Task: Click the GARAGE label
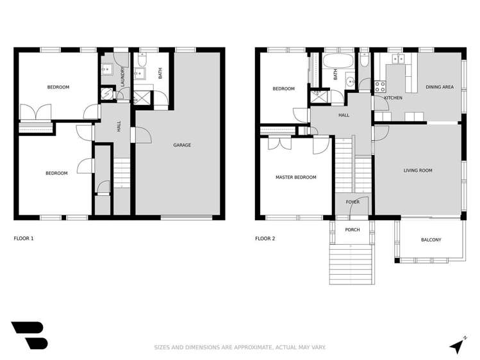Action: pos(182,145)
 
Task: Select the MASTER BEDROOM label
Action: pos(295,177)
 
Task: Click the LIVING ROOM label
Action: pos(418,170)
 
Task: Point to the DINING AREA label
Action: pos(440,86)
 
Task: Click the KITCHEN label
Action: pos(393,98)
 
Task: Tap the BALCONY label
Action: pos(431,240)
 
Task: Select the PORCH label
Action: pos(352,230)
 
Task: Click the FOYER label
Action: pos(352,202)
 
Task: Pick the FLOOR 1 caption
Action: pos(24,239)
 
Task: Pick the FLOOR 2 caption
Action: pos(265,239)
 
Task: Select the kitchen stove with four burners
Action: pos(379,85)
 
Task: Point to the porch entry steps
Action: pos(351,265)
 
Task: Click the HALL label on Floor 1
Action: pos(119,126)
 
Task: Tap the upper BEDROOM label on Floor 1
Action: pos(58,87)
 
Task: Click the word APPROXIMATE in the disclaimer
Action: pos(247,348)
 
